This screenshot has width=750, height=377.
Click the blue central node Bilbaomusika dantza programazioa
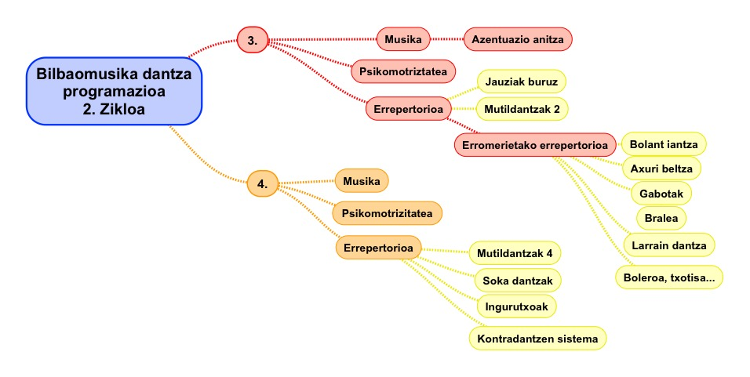click(115, 91)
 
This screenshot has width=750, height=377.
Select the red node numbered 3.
click(253, 38)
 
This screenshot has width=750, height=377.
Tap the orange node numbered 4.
click(262, 184)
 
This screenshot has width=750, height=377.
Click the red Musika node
click(403, 38)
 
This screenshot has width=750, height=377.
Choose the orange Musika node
click(362, 181)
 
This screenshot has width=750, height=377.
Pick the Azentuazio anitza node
click(518, 38)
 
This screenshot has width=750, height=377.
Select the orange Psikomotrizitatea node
click(388, 212)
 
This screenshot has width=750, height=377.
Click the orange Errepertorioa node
click(377, 248)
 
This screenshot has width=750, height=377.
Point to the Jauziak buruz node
click(521, 81)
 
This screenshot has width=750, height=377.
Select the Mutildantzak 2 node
click(522, 108)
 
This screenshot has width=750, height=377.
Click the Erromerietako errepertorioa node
click(535, 145)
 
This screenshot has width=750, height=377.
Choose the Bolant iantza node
click(664, 144)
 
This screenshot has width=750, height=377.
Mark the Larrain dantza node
click(668, 245)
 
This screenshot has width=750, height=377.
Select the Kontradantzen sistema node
click(537, 339)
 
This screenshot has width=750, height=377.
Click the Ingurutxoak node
click(517, 304)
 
